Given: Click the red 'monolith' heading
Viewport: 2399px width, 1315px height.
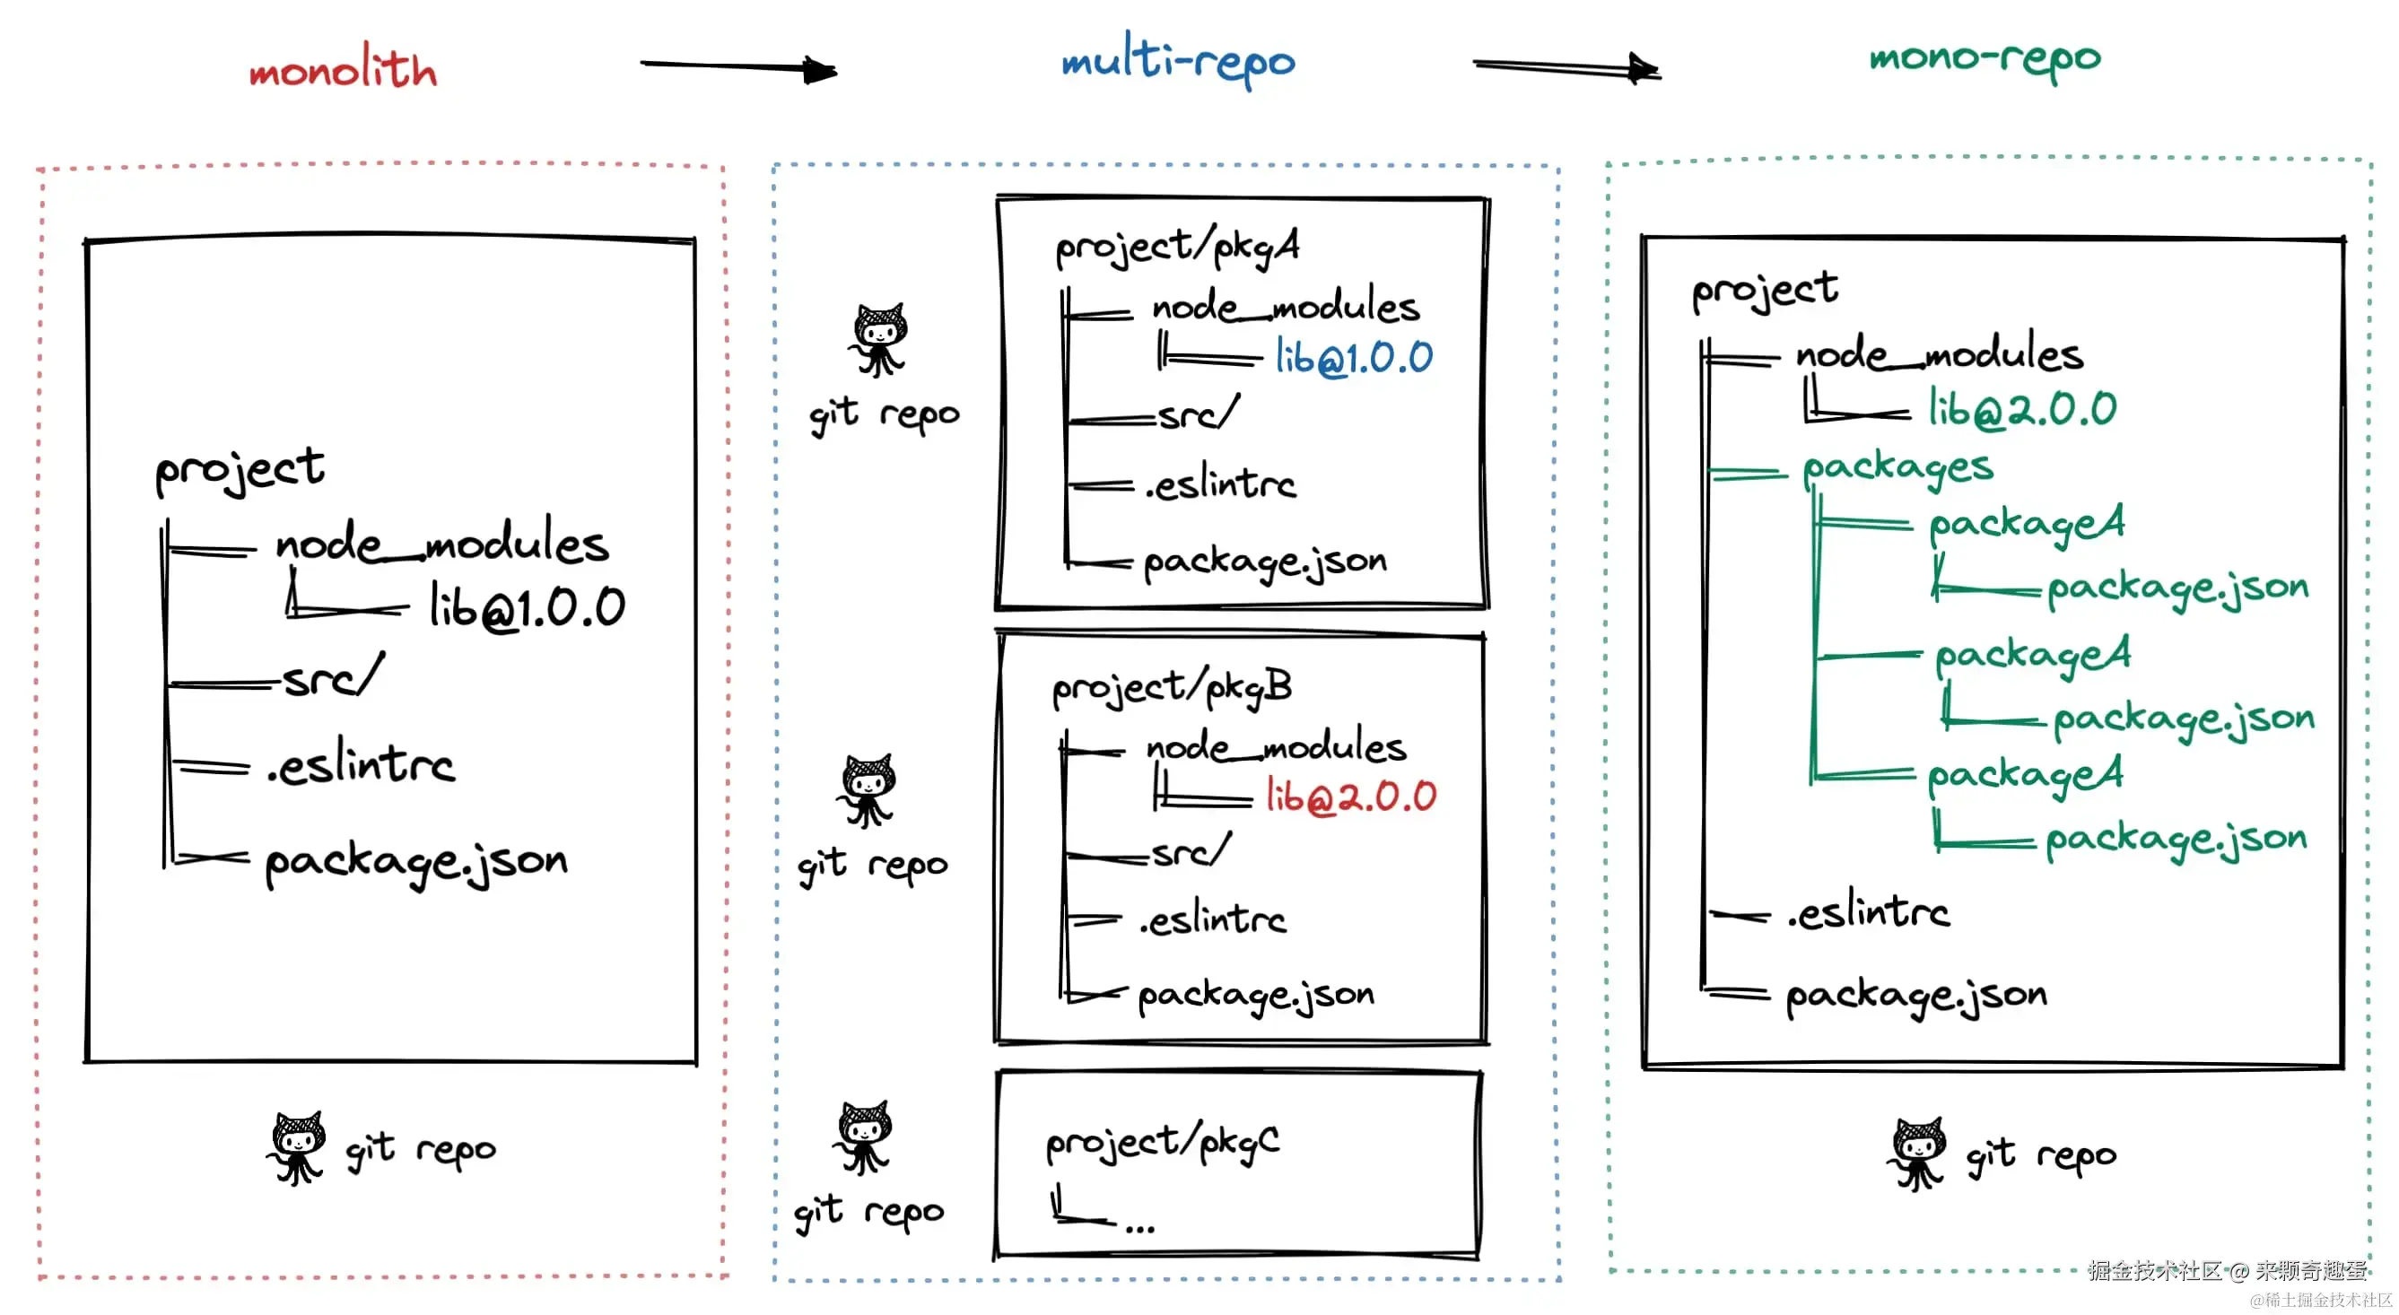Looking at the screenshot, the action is click(343, 67).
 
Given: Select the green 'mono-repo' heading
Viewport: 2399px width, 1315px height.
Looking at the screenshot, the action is click(1985, 57).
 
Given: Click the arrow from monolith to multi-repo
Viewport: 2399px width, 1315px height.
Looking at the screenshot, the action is click(738, 66).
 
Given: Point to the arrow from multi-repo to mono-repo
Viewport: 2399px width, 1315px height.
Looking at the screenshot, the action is click(1566, 66).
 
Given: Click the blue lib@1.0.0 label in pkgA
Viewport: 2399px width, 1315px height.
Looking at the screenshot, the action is click(1354, 357).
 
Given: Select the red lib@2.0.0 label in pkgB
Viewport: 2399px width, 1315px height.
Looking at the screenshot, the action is click(1351, 797).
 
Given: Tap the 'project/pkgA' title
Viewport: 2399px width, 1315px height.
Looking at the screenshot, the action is click(1177, 247).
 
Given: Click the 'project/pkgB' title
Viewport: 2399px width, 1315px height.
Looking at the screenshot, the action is click(1173, 688).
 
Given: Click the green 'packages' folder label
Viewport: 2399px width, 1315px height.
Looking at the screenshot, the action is click(1898, 468).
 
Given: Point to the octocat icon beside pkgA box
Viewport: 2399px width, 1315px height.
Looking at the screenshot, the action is click(877, 339).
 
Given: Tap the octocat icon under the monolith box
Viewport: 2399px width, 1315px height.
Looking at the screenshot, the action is click(297, 1147).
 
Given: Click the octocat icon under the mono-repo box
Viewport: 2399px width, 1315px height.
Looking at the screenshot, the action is click(1916, 1154).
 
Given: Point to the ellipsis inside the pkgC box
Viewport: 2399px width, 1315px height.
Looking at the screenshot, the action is click(1140, 1228).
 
